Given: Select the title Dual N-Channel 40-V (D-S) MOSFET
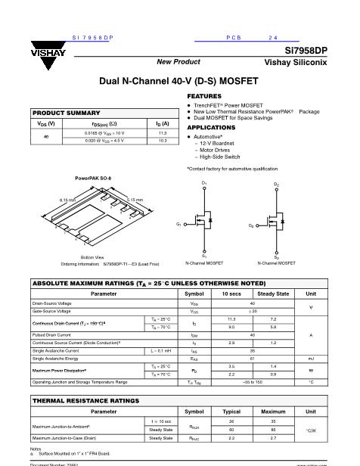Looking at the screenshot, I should [179, 80].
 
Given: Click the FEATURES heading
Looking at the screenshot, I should [204, 97].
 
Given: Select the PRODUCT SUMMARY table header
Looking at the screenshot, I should [67, 112].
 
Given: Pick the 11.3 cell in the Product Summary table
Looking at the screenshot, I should [161, 132].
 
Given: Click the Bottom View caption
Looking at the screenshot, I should [92, 257].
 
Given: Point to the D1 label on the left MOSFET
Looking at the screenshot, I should [204, 184].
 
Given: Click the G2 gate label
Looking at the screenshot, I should [251, 225].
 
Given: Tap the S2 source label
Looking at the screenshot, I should [276, 256].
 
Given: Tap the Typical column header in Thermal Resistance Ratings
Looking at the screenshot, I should [232, 412].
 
